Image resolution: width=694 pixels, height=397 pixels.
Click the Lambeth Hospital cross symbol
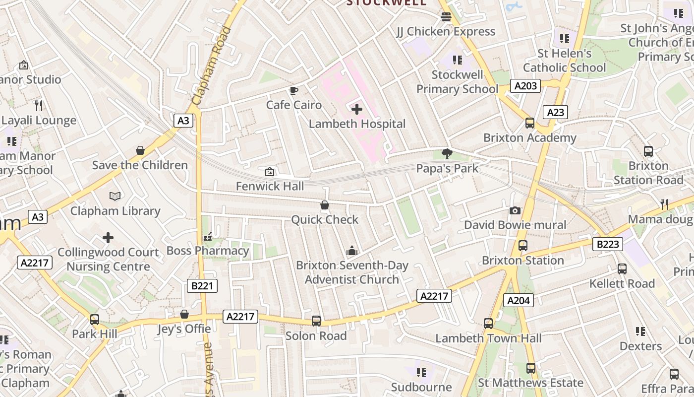tap(356, 109)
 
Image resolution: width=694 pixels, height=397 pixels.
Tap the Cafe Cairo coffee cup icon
tap(293, 90)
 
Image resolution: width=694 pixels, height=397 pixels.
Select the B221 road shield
tap(202, 285)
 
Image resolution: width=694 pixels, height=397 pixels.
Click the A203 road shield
tap(525, 86)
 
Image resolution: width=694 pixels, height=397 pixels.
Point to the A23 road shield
tap(555, 112)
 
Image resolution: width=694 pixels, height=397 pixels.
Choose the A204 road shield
tap(519, 300)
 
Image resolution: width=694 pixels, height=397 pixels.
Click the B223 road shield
tap(608, 244)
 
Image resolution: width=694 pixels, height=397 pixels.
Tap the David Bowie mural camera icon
tap(515, 210)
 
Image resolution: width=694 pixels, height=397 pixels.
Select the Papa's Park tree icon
tap(447, 154)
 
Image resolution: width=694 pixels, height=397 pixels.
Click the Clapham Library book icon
tap(115, 196)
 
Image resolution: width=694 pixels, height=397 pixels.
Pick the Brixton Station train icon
tap(522, 245)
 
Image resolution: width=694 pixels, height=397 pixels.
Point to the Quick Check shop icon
tap(325, 205)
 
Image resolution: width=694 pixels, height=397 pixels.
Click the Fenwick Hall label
tap(270, 186)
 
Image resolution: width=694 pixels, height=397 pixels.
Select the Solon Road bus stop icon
tap(316, 321)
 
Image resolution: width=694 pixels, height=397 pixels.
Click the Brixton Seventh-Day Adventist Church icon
tap(352, 251)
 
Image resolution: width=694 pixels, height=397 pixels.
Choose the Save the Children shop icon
tap(140, 150)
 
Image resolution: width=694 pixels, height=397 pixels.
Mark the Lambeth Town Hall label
tap(488, 338)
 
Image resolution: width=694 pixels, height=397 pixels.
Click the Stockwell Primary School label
tap(457, 82)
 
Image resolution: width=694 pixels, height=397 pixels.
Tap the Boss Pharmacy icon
tap(208, 236)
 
